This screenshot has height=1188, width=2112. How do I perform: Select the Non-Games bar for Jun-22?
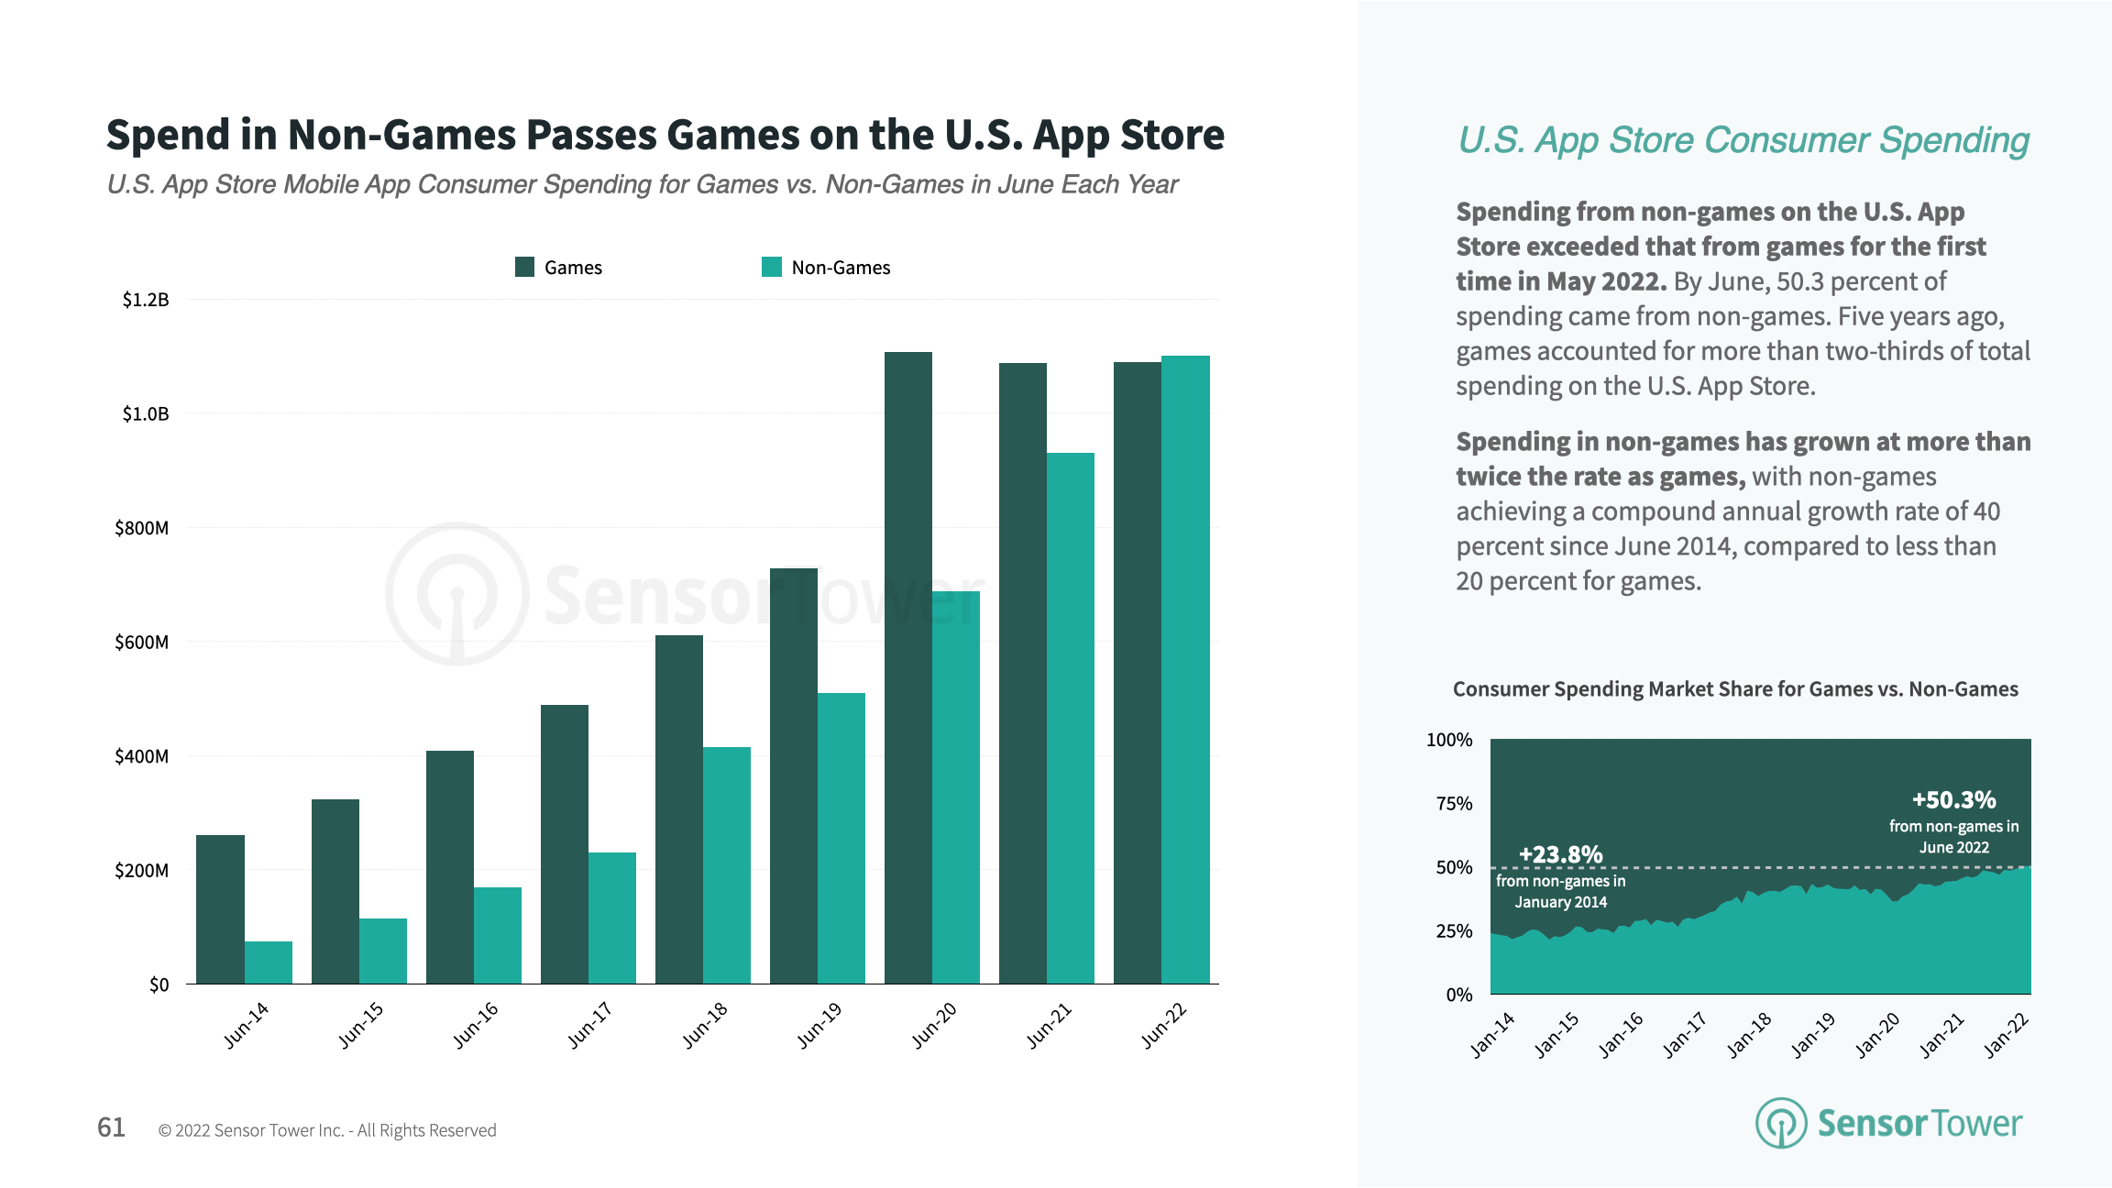1185,669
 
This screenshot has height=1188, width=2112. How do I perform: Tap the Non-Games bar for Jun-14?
268,962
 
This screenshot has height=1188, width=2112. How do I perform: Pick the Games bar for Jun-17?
564,843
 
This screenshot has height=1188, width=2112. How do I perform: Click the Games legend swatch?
524,267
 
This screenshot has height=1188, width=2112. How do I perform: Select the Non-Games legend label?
841,268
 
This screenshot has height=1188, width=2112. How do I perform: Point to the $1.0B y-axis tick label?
146,414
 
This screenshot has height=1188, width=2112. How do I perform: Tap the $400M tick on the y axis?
141,756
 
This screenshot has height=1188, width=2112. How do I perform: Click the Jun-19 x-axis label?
819,1025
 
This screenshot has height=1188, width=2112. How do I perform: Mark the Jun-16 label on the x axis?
476,1025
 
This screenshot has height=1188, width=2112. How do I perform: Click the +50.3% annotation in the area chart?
1953,800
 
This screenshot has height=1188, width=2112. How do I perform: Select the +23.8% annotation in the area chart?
1560,854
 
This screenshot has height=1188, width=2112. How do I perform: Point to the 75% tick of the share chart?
1454,804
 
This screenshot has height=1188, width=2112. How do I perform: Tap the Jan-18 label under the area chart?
1749,1035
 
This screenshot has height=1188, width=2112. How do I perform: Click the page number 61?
111,1127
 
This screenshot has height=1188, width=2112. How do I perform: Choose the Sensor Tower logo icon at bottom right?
1780,1123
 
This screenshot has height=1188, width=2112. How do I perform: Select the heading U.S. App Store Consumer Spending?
1743,140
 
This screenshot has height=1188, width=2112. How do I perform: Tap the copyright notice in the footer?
327,1130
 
